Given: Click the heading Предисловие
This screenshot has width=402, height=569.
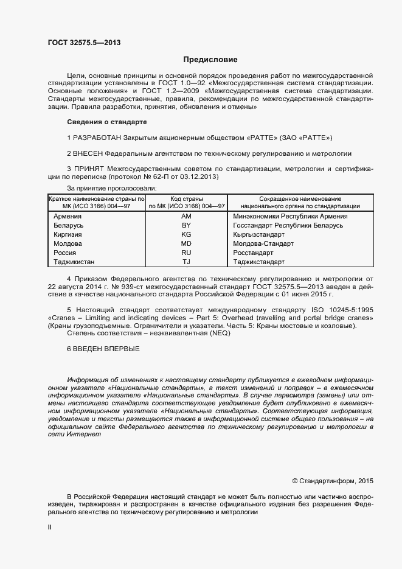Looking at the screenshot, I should (x=210, y=60).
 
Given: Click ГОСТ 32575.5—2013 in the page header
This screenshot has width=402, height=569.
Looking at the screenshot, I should (x=83, y=42).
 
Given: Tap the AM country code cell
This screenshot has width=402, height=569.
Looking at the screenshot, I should (x=186, y=216).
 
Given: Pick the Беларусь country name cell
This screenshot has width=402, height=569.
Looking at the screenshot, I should (x=69, y=225).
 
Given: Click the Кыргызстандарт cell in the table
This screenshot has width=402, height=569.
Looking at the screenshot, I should (x=259, y=234).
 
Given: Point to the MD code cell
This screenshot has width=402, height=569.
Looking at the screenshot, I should (x=186, y=243).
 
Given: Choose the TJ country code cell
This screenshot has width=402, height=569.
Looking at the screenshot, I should (x=186, y=262).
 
